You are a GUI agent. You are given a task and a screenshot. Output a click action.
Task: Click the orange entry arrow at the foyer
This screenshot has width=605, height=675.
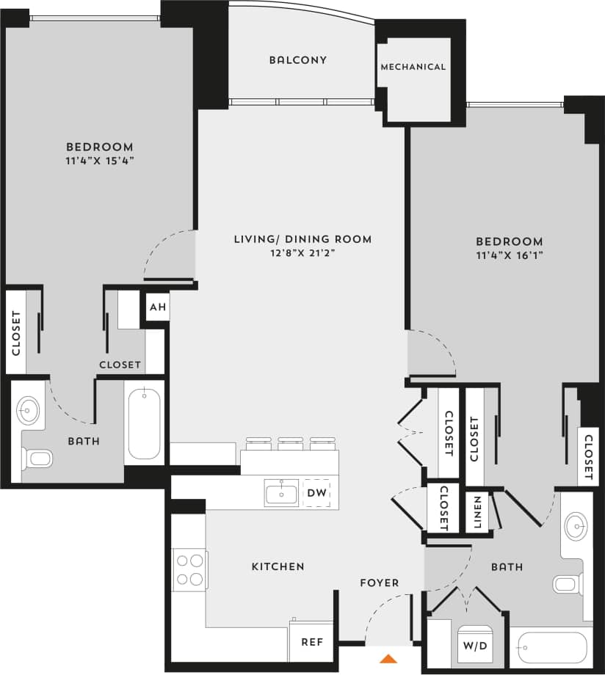(388, 658)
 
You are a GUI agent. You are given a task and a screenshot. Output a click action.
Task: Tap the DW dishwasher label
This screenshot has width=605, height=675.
(317, 493)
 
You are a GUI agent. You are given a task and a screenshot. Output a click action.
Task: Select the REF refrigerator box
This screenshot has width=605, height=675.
(312, 641)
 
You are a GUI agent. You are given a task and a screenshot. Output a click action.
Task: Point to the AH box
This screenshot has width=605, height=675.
(158, 307)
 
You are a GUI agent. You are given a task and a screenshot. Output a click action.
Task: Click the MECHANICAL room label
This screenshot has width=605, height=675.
(413, 67)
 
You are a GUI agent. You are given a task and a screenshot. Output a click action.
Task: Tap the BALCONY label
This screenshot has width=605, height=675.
(297, 60)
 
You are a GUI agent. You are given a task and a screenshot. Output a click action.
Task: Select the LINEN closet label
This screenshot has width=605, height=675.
(477, 512)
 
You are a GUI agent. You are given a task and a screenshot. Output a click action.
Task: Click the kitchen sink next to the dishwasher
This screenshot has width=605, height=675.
(281, 493)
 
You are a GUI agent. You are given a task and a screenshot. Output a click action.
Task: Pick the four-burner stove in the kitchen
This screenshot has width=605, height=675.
(189, 569)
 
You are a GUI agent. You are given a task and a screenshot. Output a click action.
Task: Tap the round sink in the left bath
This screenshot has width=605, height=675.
(29, 410)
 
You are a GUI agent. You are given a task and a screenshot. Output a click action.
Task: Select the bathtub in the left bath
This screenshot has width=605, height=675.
(144, 425)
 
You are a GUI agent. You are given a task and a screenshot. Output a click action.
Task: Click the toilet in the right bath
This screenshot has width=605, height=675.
(567, 584)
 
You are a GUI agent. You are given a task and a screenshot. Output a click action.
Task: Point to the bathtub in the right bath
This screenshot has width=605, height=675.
(551, 647)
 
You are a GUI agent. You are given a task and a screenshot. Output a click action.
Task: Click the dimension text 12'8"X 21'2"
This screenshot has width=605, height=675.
(302, 253)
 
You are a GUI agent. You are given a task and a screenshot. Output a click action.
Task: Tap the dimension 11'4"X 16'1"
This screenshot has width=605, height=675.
(509, 255)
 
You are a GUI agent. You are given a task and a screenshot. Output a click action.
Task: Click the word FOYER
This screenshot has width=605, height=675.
(379, 583)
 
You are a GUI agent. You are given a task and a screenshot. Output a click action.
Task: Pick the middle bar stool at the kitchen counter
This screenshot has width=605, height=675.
(290, 442)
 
